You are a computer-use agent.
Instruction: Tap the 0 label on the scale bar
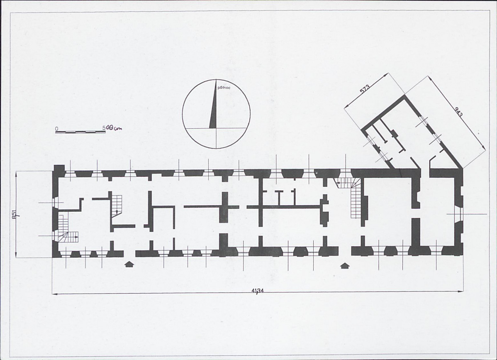[56, 128]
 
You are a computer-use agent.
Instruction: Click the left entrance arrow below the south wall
[129, 264]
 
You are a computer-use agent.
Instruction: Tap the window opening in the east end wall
[458, 214]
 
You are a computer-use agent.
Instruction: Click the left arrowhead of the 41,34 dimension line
[55, 294]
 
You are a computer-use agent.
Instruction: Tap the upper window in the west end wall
[56, 202]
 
